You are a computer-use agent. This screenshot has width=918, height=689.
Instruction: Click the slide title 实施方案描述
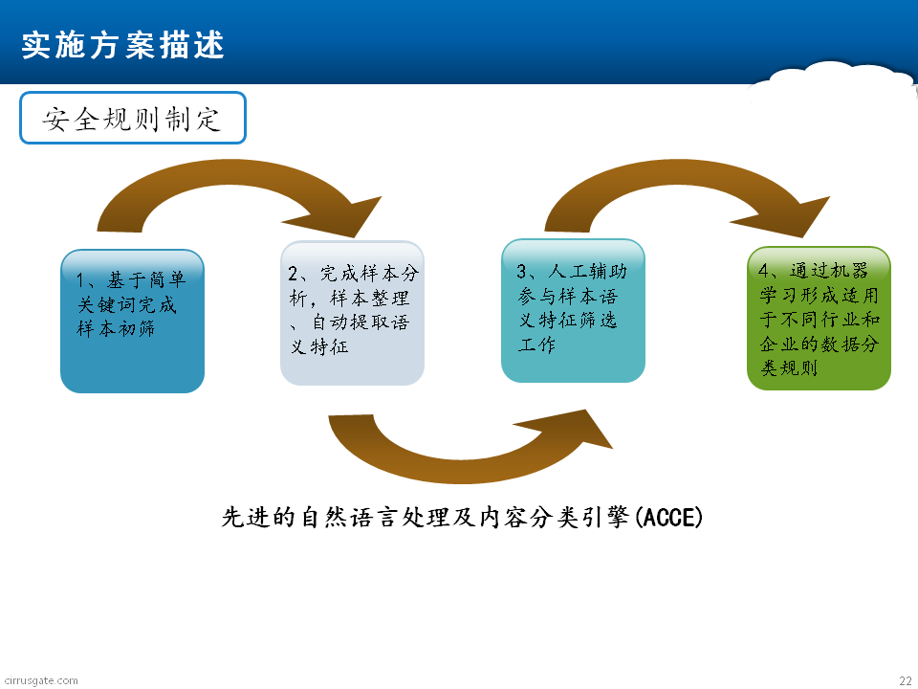[123, 45]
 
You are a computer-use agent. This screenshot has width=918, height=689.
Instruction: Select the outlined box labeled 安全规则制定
[133, 118]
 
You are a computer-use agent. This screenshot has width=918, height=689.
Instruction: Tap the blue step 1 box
[132, 322]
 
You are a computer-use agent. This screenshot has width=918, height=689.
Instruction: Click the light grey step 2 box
[353, 313]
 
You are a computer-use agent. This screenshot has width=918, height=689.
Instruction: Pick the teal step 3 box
[573, 310]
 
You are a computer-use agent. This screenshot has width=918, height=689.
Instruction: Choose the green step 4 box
[820, 318]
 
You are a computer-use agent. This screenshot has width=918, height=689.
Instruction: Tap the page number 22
[906, 680]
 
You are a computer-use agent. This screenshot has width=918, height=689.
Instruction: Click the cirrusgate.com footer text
[40, 680]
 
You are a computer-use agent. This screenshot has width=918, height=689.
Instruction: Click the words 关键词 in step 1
[107, 304]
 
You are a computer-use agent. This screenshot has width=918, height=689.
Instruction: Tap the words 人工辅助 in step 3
[588, 271]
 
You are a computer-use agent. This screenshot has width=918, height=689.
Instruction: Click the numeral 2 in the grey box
[294, 273]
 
